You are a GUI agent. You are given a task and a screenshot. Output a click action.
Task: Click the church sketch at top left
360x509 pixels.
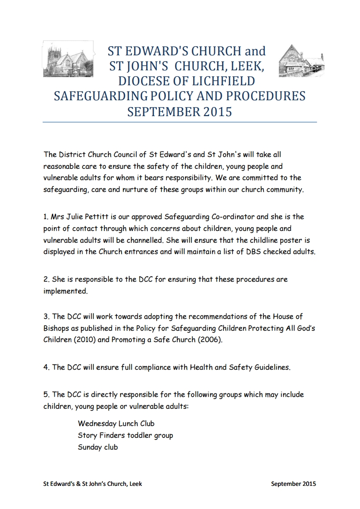coord(68,61)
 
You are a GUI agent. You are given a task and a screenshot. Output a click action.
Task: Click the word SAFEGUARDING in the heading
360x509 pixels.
coord(101,97)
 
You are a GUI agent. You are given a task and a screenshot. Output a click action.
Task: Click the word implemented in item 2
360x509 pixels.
coord(65,292)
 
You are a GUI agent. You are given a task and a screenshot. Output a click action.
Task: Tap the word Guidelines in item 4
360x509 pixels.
coord(267,367)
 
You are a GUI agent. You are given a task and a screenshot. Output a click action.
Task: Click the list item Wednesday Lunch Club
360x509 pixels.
coord(116,424)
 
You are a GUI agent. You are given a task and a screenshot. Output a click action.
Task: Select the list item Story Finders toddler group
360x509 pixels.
coord(126,436)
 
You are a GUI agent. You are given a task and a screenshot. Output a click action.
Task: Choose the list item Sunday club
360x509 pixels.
coord(98,447)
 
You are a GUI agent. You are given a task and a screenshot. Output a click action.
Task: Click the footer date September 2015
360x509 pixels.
coord(293,484)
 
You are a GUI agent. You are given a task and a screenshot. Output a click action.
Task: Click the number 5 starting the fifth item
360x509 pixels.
coord(46,395)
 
